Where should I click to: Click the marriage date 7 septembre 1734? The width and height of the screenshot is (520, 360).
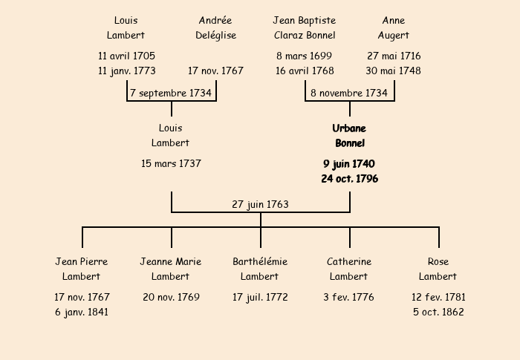point(171,93)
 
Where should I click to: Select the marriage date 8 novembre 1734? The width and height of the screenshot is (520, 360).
point(349,93)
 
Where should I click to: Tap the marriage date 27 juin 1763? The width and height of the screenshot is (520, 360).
point(260,205)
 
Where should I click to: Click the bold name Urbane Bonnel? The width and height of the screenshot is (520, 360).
point(349,136)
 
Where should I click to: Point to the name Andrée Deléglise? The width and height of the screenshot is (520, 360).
point(215,28)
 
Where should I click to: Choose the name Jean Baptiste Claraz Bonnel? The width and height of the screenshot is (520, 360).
point(305,28)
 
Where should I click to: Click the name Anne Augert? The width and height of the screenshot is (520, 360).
point(393,28)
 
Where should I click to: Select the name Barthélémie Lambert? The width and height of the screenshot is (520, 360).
point(260,269)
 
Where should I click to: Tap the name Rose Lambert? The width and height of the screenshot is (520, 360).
point(438,269)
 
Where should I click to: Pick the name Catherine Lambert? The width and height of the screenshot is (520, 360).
point(349,269)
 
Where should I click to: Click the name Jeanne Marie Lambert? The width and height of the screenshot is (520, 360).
point(170,269)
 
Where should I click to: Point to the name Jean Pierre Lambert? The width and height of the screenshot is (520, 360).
point(82,269)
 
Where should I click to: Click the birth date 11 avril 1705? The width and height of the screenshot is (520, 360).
point(126,56)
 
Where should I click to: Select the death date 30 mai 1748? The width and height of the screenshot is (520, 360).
point(393,71)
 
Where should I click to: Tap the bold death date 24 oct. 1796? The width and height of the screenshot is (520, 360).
point(350,179)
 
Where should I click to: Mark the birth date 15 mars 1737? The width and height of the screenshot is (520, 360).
point(171,163)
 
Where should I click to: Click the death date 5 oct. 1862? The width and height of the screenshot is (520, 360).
point(438,312)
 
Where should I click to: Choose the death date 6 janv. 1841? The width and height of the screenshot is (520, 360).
point(82,312)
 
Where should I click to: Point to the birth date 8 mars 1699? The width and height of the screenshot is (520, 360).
point(304,56)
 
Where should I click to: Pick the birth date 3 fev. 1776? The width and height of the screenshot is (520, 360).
point(348,297)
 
